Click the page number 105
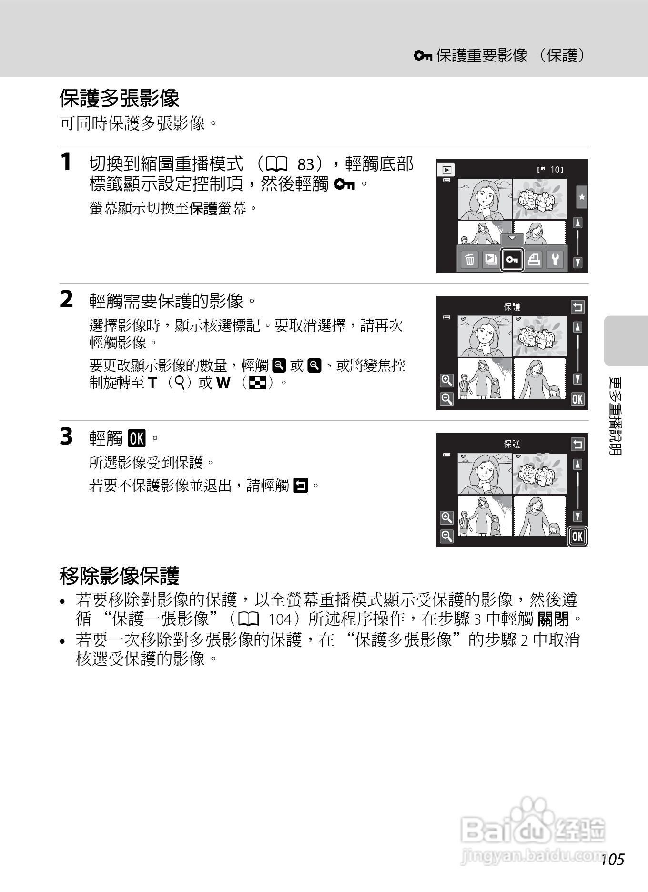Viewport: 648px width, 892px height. (613, 860)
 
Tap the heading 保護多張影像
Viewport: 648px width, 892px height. (119, 99)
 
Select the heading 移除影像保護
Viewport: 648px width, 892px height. (119, 576)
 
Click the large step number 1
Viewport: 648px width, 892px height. (66, 162)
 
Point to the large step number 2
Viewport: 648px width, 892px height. (66, 299)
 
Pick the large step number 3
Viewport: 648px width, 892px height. (66, 436)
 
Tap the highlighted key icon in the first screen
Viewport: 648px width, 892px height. (512, 260)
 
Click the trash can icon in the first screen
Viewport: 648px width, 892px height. (470, 260)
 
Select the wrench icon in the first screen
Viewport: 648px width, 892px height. (555, 259)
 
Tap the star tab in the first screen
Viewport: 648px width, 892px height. (582, 197)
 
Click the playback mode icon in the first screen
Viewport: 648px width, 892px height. (446, 170)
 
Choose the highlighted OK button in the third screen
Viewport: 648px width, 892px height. (577, 537)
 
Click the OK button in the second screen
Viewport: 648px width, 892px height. (577, 399)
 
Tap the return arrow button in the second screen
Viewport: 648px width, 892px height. (577, 307)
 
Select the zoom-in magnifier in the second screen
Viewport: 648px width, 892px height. (446, 380)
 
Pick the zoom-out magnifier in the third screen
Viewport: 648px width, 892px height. (446, 537)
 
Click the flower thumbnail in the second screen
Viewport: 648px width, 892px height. (539, 336)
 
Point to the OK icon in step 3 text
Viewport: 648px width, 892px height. (137, 438)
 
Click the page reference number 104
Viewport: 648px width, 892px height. (280, 619)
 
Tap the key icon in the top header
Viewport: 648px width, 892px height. (423, 56)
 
